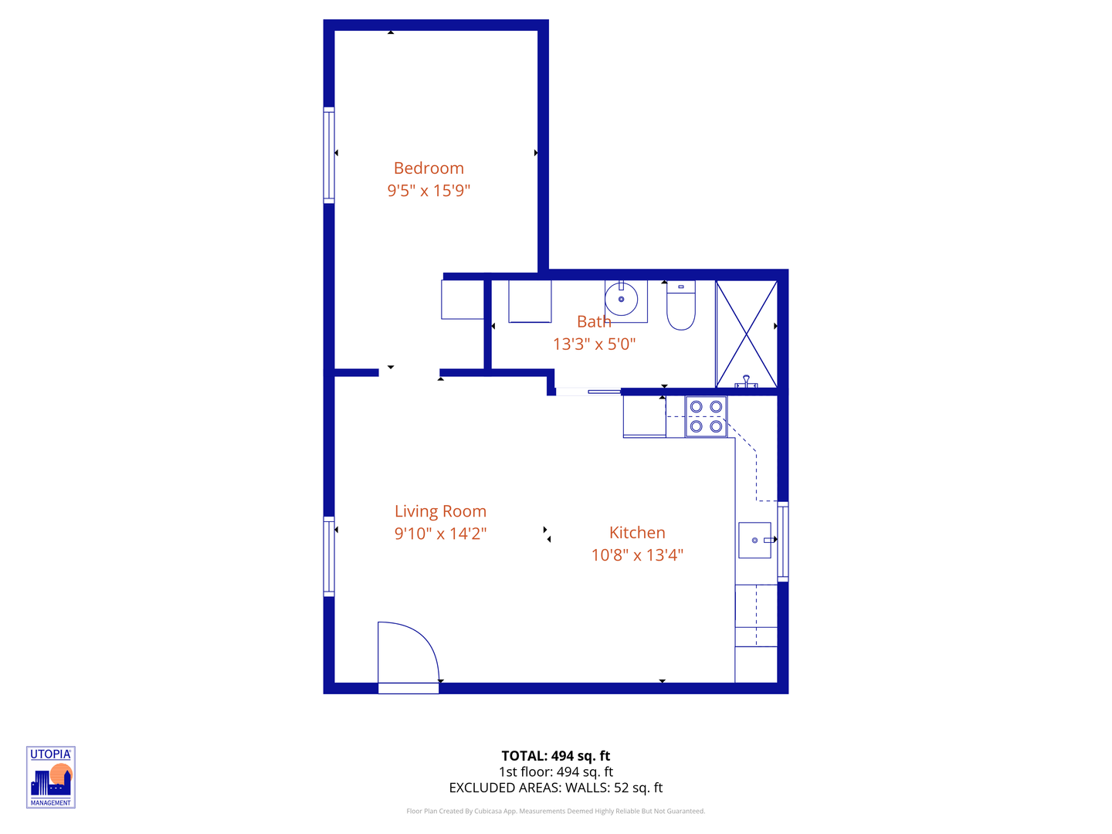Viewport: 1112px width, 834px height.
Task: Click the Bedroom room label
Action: pos(429,168)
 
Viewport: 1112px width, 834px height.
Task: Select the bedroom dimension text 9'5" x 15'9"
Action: pos(429,191)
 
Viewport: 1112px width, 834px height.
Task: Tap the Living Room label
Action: pos(440,511)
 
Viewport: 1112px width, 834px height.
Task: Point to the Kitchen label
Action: pos(637,533)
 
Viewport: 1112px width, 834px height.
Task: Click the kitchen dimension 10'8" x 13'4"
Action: pos(637,555)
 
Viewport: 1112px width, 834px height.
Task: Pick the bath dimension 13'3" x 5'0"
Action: pos(594,344)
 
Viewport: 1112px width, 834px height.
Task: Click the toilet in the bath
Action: pos(681,307)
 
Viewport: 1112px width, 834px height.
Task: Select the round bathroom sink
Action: pos(622,299)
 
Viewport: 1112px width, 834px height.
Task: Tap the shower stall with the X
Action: pos(746,334)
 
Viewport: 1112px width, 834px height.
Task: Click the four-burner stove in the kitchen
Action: pos(706,417)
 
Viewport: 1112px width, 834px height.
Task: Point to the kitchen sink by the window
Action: pos(754,540)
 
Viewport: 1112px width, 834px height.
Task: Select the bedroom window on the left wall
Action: pos(329,155)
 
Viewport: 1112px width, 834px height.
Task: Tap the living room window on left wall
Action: pos(329,557)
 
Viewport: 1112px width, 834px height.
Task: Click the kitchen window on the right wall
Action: pos(782,541)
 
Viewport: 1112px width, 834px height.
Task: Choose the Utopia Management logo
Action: pos(51,778)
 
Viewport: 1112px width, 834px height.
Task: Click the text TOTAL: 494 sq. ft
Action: pos(556,756)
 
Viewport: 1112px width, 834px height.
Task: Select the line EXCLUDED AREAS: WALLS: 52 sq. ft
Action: pos(556,788)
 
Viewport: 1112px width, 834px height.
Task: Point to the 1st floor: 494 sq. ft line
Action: pos(556,772)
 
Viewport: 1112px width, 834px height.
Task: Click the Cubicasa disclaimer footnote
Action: pos(556,811)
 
